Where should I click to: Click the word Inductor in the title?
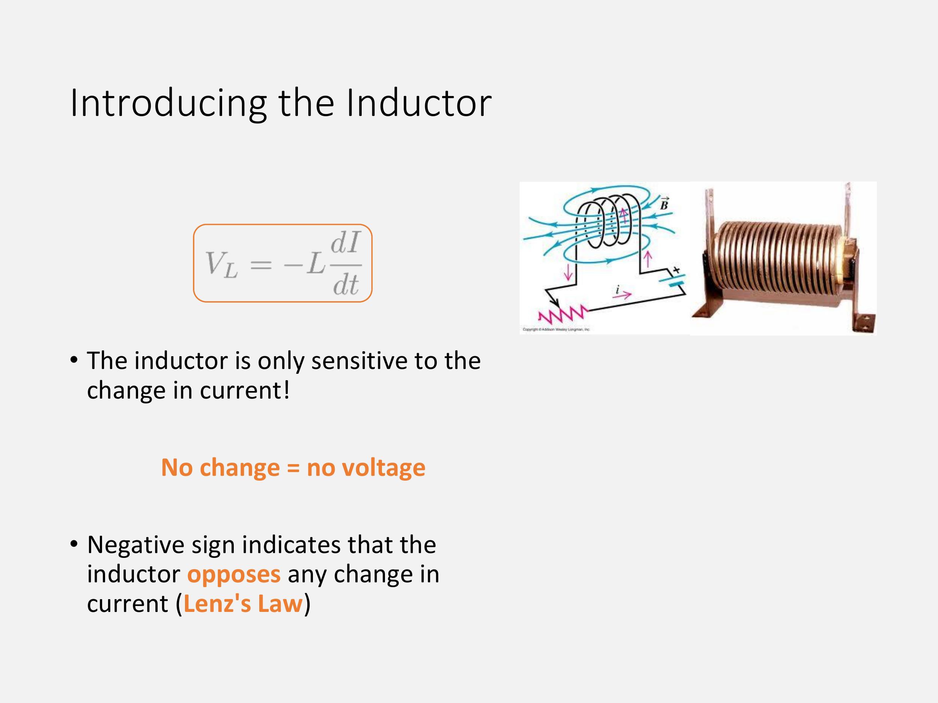(419, 103)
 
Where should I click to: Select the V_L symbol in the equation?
(221, 264)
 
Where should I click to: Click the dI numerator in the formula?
(345, 243)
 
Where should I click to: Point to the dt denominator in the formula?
(346, 284)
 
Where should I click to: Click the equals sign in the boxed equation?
(261, 265)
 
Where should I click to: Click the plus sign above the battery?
(676, 269)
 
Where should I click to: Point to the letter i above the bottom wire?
(618, 289)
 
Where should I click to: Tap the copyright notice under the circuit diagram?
(556, 329)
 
